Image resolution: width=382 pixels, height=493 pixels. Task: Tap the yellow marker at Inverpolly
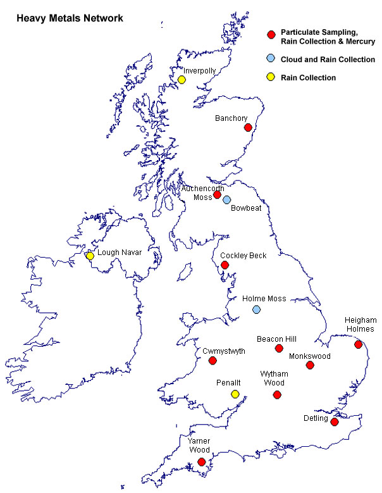182,80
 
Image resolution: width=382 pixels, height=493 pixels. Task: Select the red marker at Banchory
248,128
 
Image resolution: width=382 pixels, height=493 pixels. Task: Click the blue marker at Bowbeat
226,199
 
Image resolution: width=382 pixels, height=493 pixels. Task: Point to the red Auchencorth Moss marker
217,195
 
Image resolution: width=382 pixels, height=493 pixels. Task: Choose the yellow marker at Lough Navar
90,256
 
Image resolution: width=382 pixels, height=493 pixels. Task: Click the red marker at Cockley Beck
224,265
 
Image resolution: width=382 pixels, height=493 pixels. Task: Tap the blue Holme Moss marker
256,309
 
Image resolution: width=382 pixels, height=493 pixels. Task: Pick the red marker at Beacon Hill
279,349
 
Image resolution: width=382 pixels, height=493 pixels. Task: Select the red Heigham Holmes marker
359,344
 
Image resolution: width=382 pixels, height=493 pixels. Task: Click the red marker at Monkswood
310,365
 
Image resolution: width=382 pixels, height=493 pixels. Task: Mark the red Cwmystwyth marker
213,361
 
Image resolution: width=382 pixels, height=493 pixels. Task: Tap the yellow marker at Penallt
235,394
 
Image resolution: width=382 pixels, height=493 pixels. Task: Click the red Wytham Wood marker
276,395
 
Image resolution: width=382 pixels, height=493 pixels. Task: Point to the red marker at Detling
335,421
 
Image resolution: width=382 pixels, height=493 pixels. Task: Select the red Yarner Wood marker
201,462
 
